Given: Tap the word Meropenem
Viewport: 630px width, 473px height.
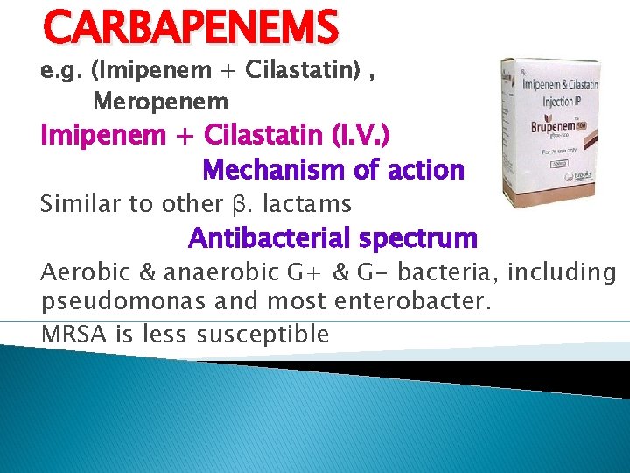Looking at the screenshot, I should click(160, 102).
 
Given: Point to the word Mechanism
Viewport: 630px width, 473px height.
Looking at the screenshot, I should click(270, 169).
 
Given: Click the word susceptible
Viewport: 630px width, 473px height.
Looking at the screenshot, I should click(263, 334).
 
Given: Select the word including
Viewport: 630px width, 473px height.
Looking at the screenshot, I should click(561, 272).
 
